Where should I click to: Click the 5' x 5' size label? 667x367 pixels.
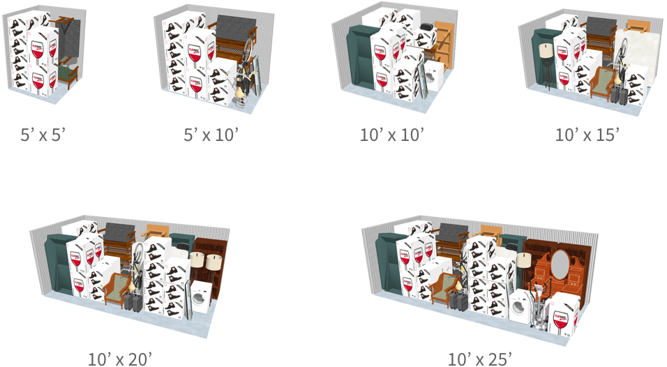coord(42,135)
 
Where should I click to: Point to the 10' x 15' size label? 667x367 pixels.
coord(586,135)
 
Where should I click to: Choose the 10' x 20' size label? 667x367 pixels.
coord(119,359)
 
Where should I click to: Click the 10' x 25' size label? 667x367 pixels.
coord(480,359)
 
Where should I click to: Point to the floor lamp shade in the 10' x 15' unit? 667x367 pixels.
coord(546,51)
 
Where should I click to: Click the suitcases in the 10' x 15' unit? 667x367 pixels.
coord(617,94)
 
